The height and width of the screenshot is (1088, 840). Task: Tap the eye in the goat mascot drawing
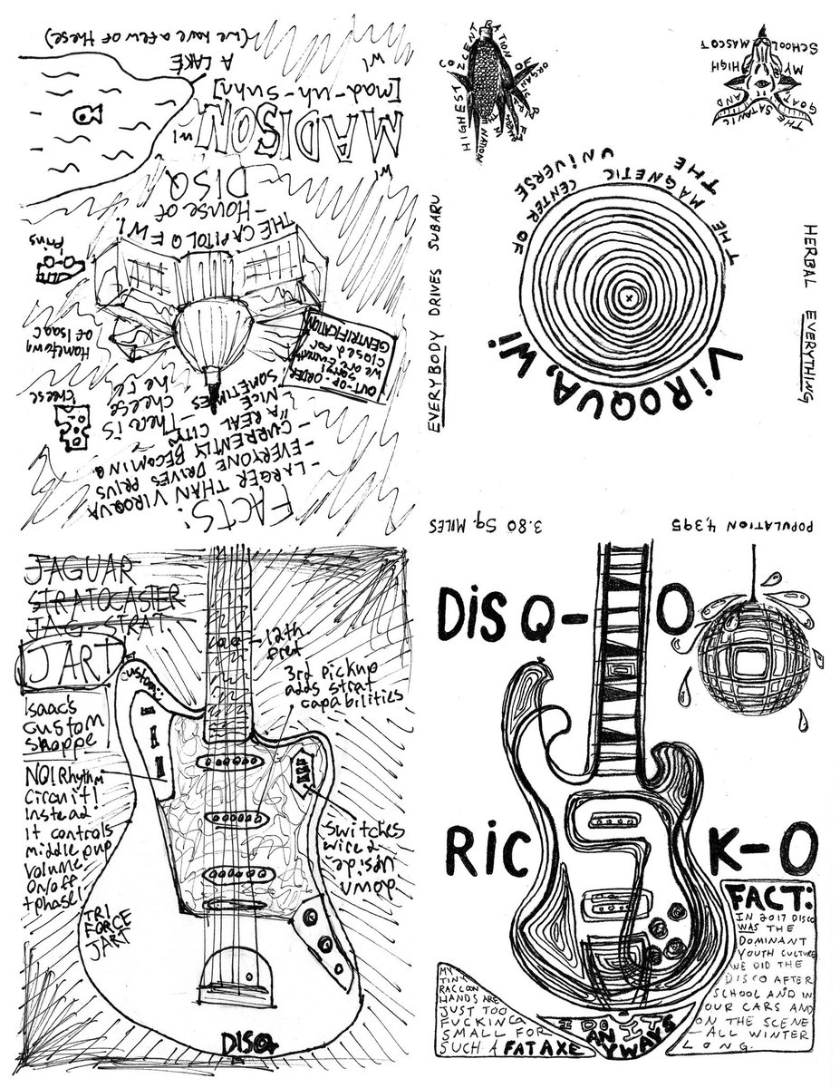click(763, 83)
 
